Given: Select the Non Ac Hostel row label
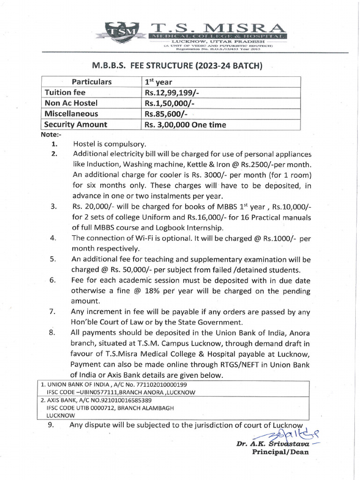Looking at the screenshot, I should [x=71, y=103].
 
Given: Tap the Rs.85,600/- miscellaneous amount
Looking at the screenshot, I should [x=166, y=114].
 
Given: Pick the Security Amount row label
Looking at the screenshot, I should [x=75, y=125].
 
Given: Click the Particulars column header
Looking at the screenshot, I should [x=91, y=82].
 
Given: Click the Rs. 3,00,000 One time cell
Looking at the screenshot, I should [x=185, y=125].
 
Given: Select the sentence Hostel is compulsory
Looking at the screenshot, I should [x=109, y=144].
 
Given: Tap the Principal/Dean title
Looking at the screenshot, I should [x=280, y=452].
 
